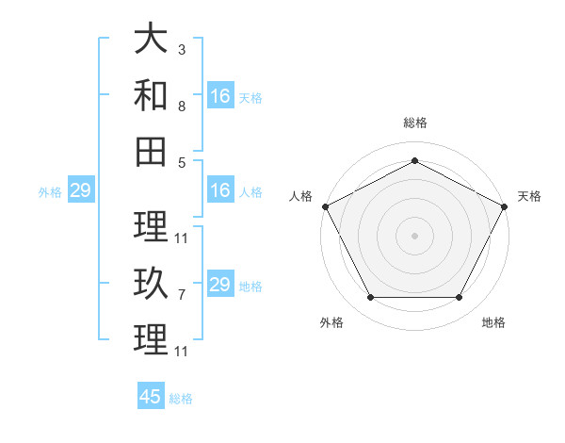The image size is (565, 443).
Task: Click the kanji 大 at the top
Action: click(x=151, y=38)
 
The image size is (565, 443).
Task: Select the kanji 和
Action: click(x=151, y=95)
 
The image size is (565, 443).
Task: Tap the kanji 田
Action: click(x=151, y=152)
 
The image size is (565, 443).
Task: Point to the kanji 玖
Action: click(x=151, y=283)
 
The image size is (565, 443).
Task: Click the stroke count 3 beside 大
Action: click(x=182, y=50)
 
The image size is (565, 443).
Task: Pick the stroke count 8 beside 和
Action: click(x=182, y=107)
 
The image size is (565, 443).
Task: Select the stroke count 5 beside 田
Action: click(x=182, y=163)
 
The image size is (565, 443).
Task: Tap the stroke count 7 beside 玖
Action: click(x=182, y=295)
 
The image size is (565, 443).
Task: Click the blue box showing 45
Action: click(x=151, y=395)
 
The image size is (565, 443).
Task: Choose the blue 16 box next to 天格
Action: click(x=221, y=95)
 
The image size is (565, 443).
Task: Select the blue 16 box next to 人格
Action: click(x=221, y=189)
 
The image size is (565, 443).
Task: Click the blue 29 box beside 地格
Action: click(x=221, y=283)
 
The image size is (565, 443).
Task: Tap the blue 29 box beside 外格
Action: click(x=81, y=189)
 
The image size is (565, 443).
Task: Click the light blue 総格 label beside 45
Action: click(x=181, y=399)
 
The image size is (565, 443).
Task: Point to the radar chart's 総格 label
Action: click(x=415, y=123)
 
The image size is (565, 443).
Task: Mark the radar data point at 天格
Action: click(x=505, y=206)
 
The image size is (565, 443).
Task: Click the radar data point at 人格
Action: click(x=326, y=206)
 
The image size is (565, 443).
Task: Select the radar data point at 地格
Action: click(x=460, y=298)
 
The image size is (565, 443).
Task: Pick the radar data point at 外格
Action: click(x=371, y=298)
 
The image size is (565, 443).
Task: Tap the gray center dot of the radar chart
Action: click(x=414, y=236)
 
